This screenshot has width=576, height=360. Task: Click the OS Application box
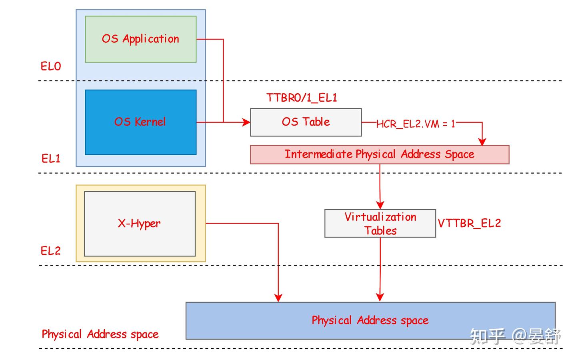tap(140, 39)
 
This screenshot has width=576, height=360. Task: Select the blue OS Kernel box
tap(140, 122)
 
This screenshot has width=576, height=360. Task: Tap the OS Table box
tap(306, 122)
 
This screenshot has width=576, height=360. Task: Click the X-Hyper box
tap(140, 224)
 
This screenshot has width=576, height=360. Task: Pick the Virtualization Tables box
tap(380, 224)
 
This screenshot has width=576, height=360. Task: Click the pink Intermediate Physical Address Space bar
tap(379, 154)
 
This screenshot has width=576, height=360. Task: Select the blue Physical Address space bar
tap(370, 320)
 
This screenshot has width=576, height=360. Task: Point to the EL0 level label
tap(51, 66)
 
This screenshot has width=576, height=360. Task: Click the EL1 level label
tap(51, 159)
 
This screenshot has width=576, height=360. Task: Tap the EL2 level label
tap(51, 251)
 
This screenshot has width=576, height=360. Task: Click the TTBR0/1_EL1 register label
tap(302, 98)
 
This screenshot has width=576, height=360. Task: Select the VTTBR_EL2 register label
tap(469, 223)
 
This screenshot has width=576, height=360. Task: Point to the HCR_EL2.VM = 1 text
tap(416, 124)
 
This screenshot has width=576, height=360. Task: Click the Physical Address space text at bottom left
tap(100, 334)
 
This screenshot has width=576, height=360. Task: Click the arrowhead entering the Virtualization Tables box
tap(380, 205)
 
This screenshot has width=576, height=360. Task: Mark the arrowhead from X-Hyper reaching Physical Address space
tap(278, 298)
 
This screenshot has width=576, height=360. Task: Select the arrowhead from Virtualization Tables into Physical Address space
tap(380, 297)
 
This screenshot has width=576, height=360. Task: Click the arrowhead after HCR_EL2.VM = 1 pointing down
tap(482, 141)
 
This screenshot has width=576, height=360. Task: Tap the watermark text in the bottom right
tap(515, 336)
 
